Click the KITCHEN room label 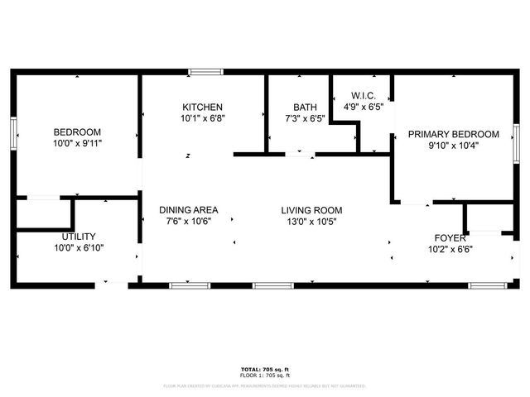pyautogui.click(x=203, y=108)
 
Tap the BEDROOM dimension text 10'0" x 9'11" pyautogui.click(x=77, y=143)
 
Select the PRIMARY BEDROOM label pyautogui.click(x=453, y=134)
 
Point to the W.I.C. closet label pyautogui.click(x=364, y=96)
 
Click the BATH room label pyautogui.click(x=305, y=108)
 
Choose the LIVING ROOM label pyautogui.click(x=311, y=210)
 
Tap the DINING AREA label pyautogui.click(x=189, y=210)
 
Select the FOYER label pyautogui.click(x=446, y=238)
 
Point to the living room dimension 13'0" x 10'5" pyautogui.click(x=311, y=222)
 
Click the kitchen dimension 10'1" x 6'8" pyautogui.click(x=203, y=118)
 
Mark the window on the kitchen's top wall pyautogui.click(x=200, y=73)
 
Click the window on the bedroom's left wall pyautogui.click(x=13, y=133)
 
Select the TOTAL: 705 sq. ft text pyautogui.click(x=264, y=369)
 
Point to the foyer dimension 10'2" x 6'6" pyautogui.click(x=446, y=249)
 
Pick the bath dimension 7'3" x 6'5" pyautogui.click(x=305, y=118)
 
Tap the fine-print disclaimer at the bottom pyautogui.click(x=264, y=385)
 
